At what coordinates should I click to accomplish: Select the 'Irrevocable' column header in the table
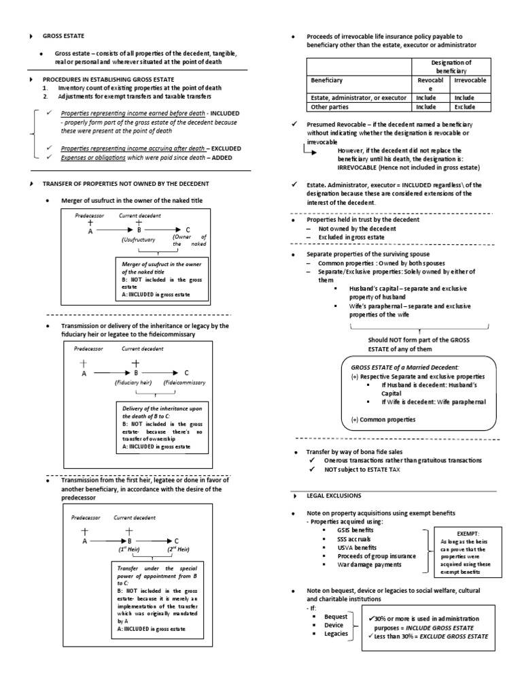point(470,80)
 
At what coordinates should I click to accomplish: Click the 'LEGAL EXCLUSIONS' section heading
point(334,495)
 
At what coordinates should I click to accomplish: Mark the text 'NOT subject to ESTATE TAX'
point(366,470)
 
